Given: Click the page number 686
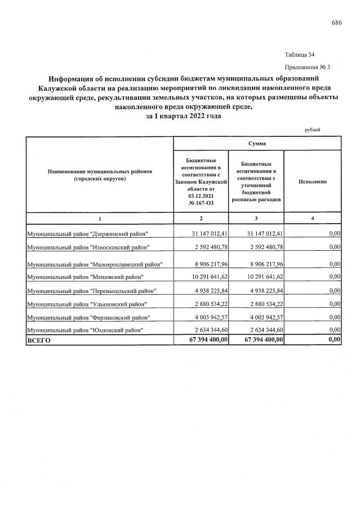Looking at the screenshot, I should [x=337, y=23].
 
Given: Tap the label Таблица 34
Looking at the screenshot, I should [x=300, y=55].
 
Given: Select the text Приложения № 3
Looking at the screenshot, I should [x=307, y=67].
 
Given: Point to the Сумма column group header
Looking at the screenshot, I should [x=257, y=144].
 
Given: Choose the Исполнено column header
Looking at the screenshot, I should [x=313, y=183].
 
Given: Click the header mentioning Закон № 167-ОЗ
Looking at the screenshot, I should [x=201, y=183].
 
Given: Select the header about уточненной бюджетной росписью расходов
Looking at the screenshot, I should [x=256, y=183].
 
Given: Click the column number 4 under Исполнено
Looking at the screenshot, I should [x=313, y=219].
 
